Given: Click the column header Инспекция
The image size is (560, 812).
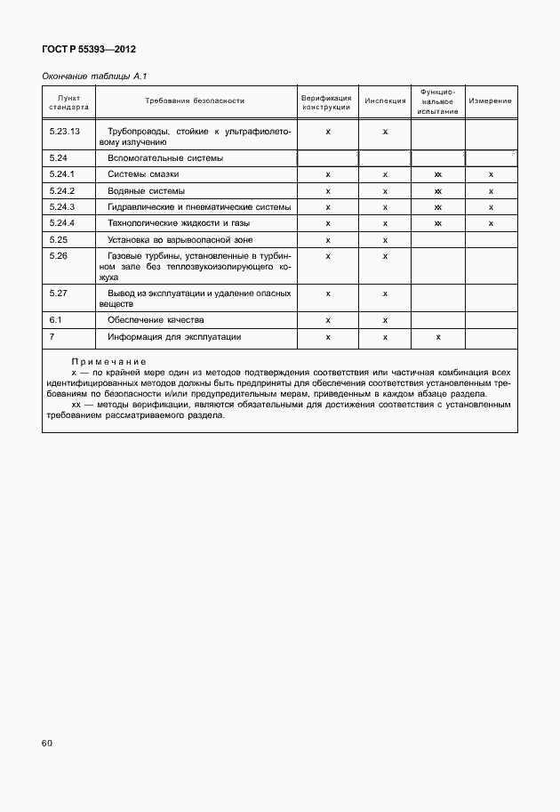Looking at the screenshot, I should tap(385, 100).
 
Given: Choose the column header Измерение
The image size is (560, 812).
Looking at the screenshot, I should tap(491, 100).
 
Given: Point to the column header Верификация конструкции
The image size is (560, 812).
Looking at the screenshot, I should tap(328, 100).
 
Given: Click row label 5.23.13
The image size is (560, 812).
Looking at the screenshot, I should tap(64, 131).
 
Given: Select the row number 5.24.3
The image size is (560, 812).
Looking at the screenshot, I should tap(62, 207).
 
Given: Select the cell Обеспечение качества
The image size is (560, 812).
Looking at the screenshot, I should tap(156, 319).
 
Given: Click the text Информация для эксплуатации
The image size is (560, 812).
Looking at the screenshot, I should tap(174, 337).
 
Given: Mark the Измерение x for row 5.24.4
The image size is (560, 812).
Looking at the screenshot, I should tap(491, 223).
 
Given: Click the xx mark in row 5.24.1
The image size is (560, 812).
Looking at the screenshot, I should tap(438, 175).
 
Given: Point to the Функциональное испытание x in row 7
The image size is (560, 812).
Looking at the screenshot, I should tap(438, 338).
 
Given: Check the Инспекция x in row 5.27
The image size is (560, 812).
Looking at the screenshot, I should tap(385, 293).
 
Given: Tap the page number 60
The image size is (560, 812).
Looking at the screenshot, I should tap(47, 741).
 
